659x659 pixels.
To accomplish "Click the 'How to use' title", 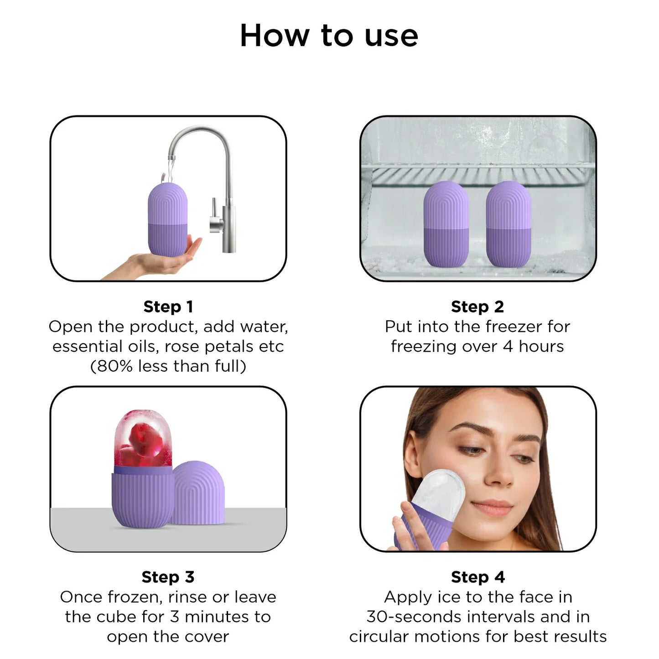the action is coord(329,36).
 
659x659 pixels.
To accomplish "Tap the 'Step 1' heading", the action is coord(168,306).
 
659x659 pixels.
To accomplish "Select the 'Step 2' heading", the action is coord(477,306).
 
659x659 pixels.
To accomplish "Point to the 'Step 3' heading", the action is coord(168,577).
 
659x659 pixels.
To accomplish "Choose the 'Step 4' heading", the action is coord(478,577).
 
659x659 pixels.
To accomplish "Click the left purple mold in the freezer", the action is coord(446,224).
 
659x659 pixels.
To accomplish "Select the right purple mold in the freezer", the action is coord(509,224).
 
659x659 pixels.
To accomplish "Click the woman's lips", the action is coord(490,506).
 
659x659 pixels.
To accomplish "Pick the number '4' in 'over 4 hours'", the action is coord(508,347).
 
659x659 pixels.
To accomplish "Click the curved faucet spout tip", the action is coord(171,157).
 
